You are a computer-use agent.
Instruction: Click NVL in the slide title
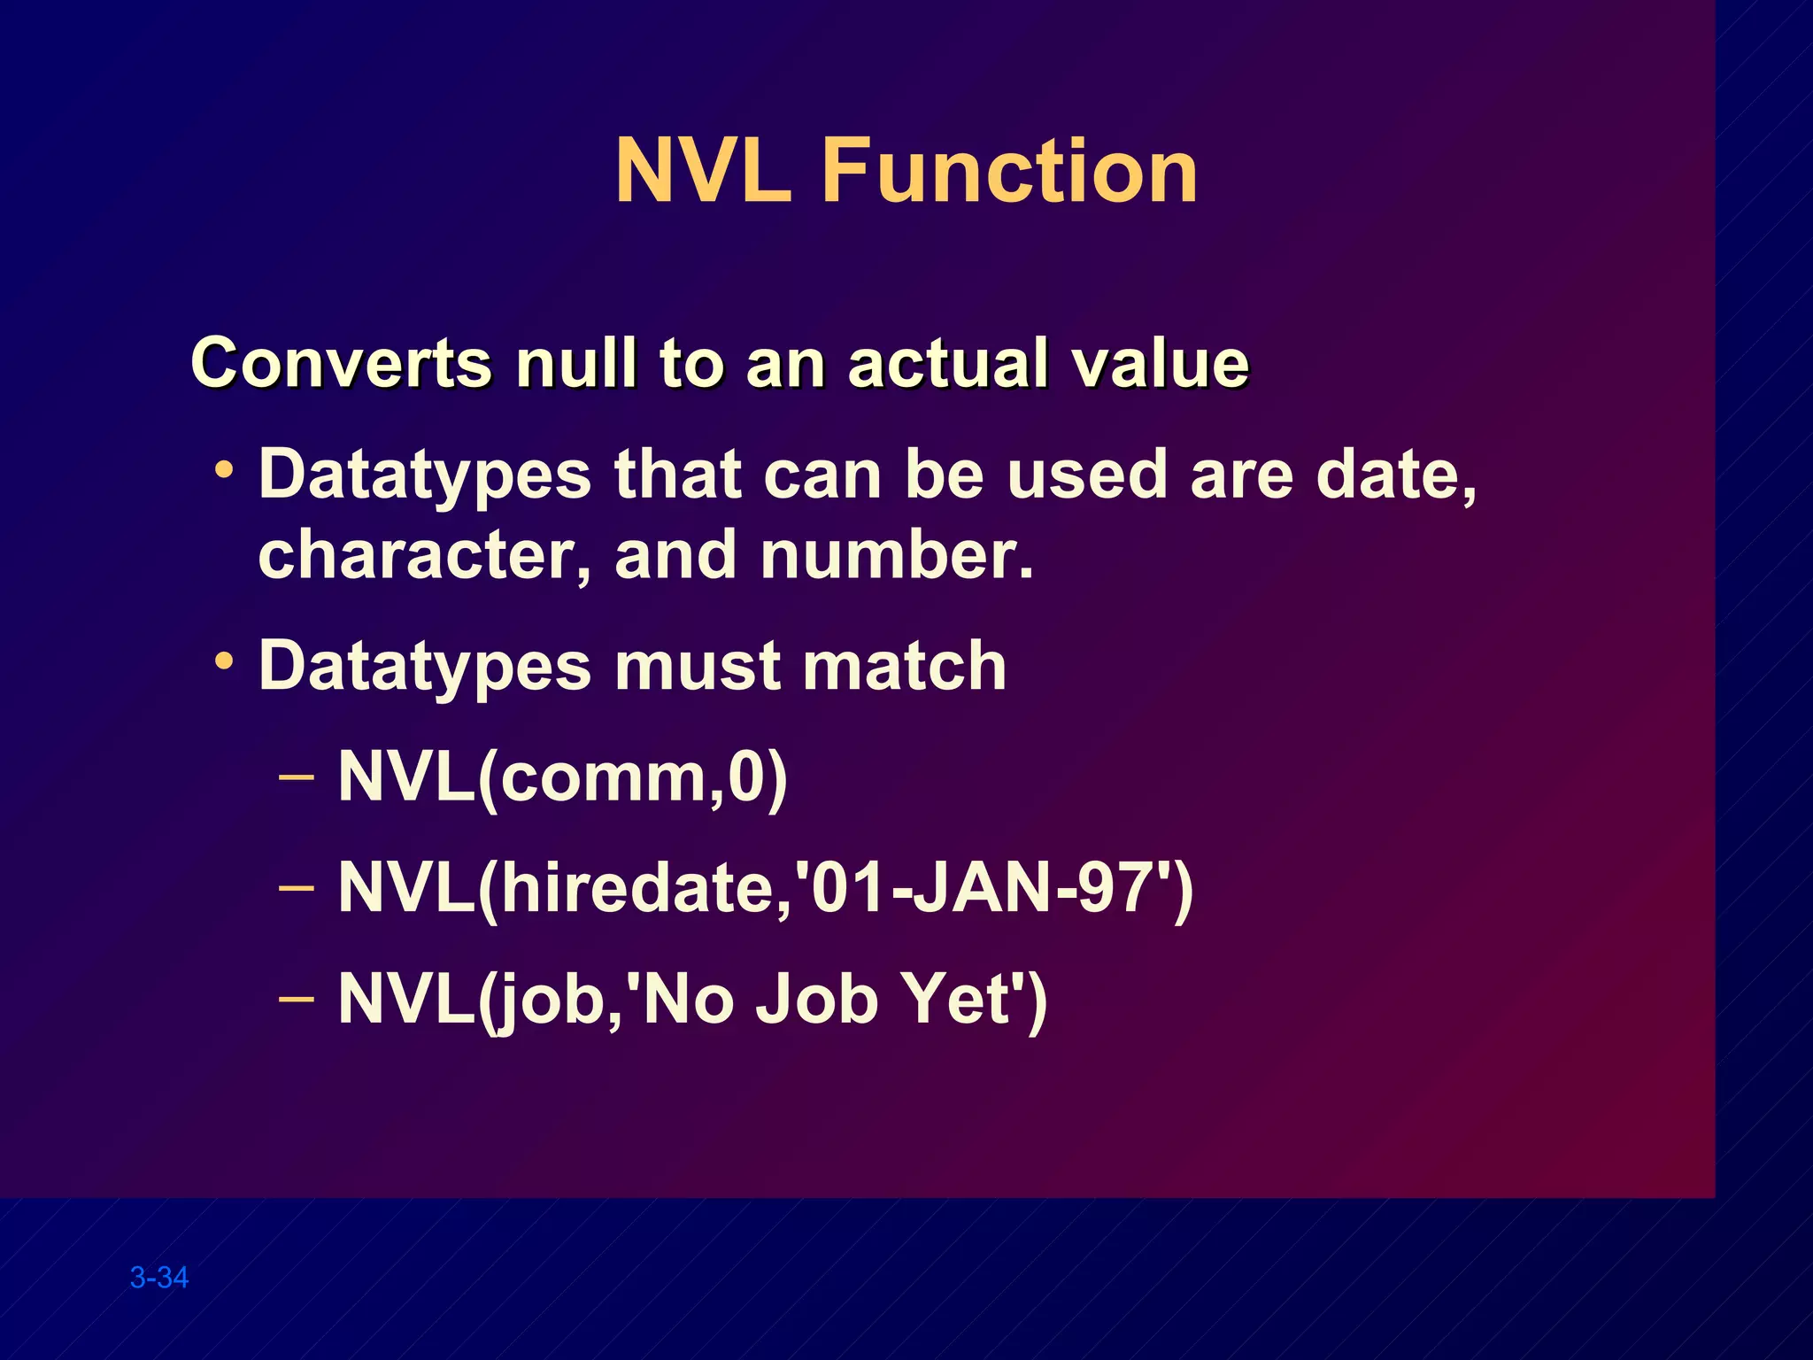(702, 170)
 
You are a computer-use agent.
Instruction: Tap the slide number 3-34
(159, 1278)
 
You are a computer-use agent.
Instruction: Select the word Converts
(341, 363)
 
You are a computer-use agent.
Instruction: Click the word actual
(948, 363)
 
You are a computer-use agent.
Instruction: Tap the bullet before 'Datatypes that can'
(225, 469)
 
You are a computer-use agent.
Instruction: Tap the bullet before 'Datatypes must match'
(225, 661)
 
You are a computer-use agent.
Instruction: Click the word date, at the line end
(1396, 475)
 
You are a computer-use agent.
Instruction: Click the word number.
(896, 555)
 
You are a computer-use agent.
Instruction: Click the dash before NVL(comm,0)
(296, 777)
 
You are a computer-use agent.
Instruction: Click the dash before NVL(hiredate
(296, 886)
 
